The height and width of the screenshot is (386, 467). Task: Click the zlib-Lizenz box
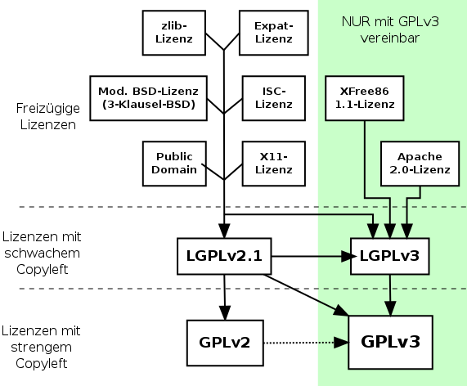point(174,33)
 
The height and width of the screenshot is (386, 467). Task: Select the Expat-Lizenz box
point(274,33)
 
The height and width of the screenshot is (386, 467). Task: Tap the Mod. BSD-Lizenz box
point(148,98)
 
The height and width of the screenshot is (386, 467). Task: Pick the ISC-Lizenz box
point(274,98)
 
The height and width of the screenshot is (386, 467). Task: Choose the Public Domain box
point(174,164)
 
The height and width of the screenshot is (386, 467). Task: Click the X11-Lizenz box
point(274,164)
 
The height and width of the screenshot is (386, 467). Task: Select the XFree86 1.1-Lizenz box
point(365,98)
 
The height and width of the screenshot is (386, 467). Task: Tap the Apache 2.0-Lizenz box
point(420,164)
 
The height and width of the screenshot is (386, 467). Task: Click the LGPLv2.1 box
point(224,256)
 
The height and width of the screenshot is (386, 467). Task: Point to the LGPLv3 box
point(390,256)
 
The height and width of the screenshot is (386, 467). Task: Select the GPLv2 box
point(225,343)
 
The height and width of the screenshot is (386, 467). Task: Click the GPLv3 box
point(390,342)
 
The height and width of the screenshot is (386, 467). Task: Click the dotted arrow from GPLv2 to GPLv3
point(306,343)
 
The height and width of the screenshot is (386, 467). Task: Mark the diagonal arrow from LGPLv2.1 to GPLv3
point(306,295)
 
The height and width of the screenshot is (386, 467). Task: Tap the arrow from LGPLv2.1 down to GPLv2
point(225,297)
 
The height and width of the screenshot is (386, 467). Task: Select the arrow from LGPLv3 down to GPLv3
point(390,295)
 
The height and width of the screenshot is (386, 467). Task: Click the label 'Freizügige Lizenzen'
point(48,116)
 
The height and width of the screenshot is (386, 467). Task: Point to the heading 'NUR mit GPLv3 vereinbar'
point(390,29)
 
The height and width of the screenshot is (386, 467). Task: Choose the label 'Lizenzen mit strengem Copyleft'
point(41,348)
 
